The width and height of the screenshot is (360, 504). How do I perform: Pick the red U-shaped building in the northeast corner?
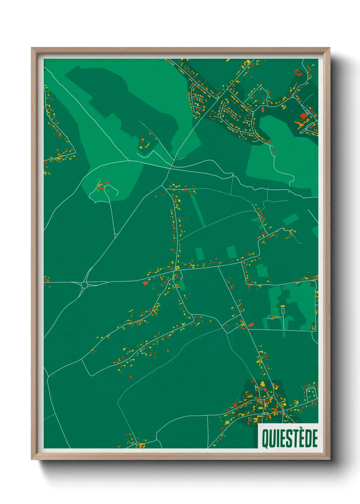click(x=298, y=72)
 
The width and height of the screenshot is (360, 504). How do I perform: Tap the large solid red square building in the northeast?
click(x=304, y=116)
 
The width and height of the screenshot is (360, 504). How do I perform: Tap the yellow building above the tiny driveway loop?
click(x=282, y=306)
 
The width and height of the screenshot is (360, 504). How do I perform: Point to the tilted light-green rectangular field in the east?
click(x=290, y=220)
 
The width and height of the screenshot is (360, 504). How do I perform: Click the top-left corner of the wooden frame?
click(x=32, y=48)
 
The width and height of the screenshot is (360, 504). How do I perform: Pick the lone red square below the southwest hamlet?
click(x=131, y=377)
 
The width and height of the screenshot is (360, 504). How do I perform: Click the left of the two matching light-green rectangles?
click(x=199, y=253)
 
